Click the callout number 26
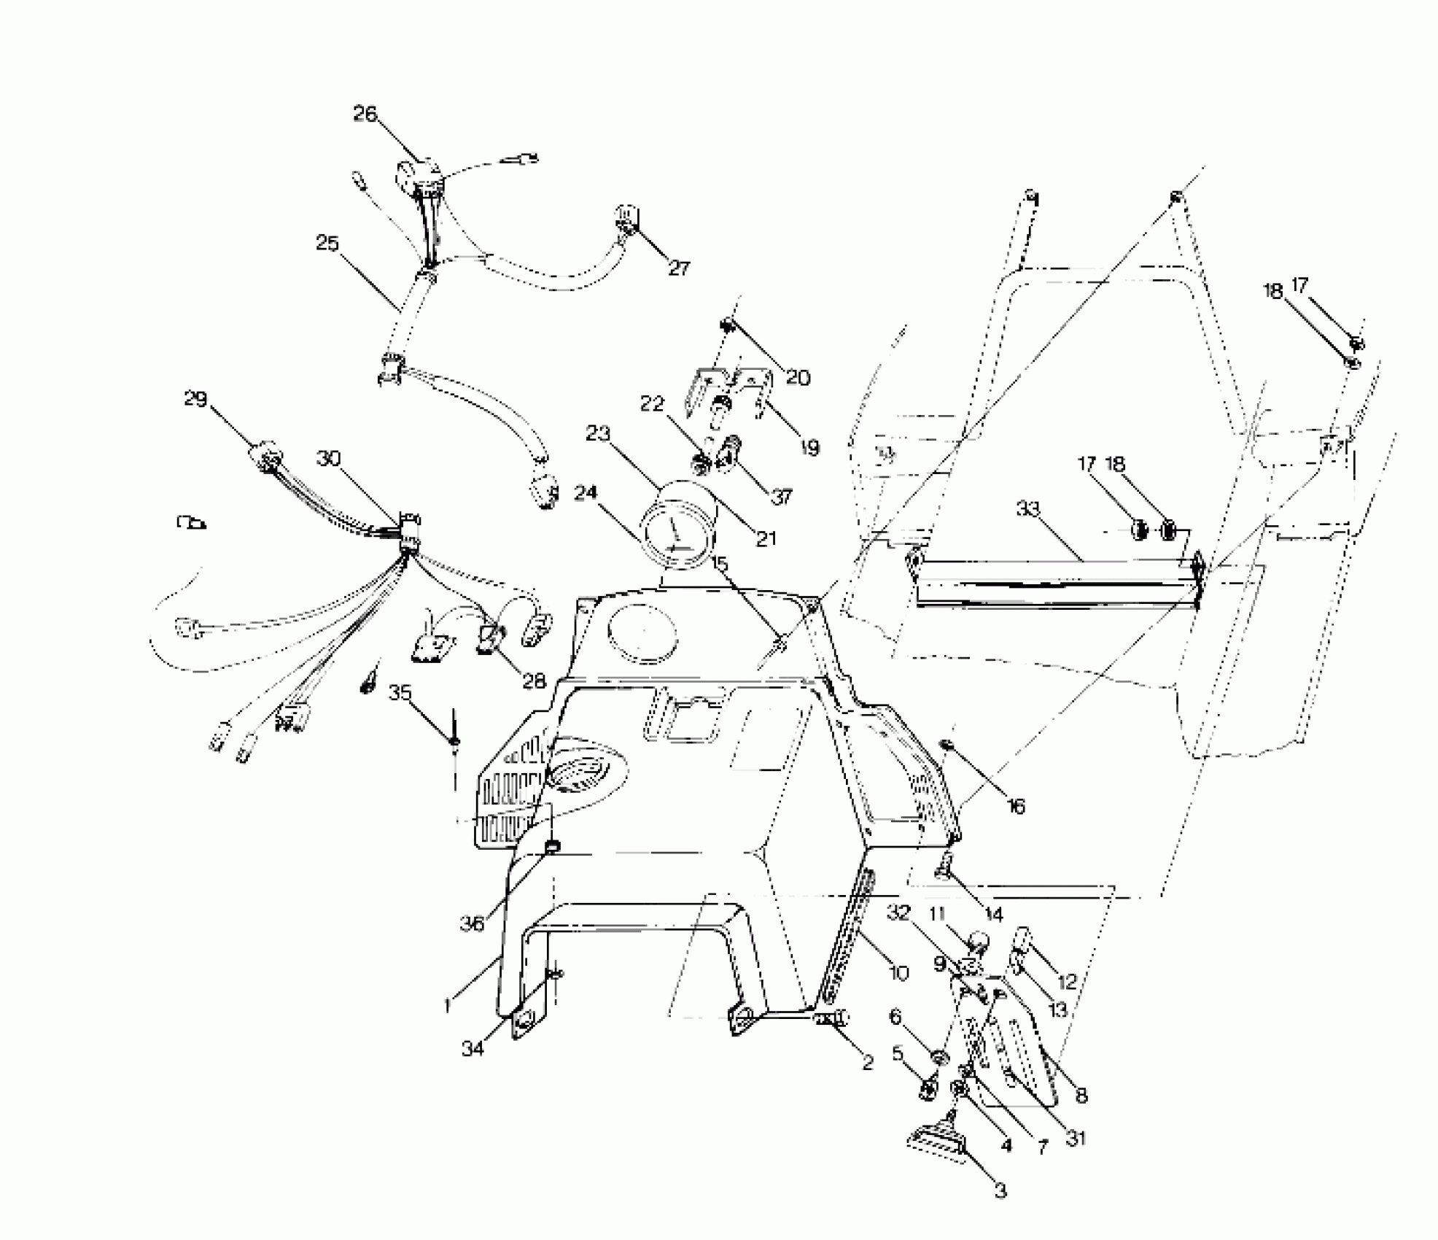(365, 114)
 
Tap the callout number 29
(195, 399)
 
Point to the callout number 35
(400, 692)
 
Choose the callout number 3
(1000, 1191)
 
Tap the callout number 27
(679, 268)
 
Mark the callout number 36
(472, 923)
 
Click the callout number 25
(327, 243)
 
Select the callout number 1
(447, 1005)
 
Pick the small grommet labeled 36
(553, 847)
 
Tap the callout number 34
(473, 1050)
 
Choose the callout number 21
(766, 538)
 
